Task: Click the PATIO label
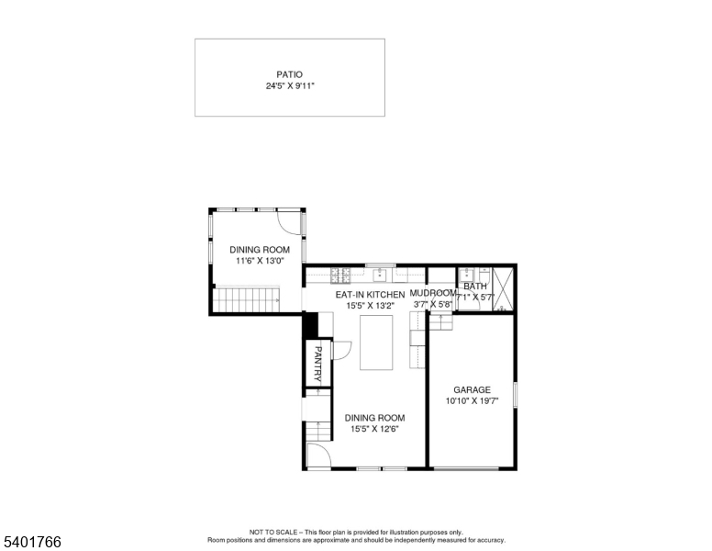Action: click(x=289, y=74)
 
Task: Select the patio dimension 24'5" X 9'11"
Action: click(x=289, y=86)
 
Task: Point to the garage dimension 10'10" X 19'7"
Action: click(x=472, y=401)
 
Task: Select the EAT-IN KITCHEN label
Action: click(x=369, y=295)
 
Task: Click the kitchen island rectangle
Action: click(x=376, y=342)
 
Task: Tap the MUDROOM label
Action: click(x=433, y=294)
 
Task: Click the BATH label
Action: click(x=475, y=287)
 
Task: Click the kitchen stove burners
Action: click(x=339, y=274)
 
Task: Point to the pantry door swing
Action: click(x=339, y=349)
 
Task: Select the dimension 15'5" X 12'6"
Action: click(x=374, y=429)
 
